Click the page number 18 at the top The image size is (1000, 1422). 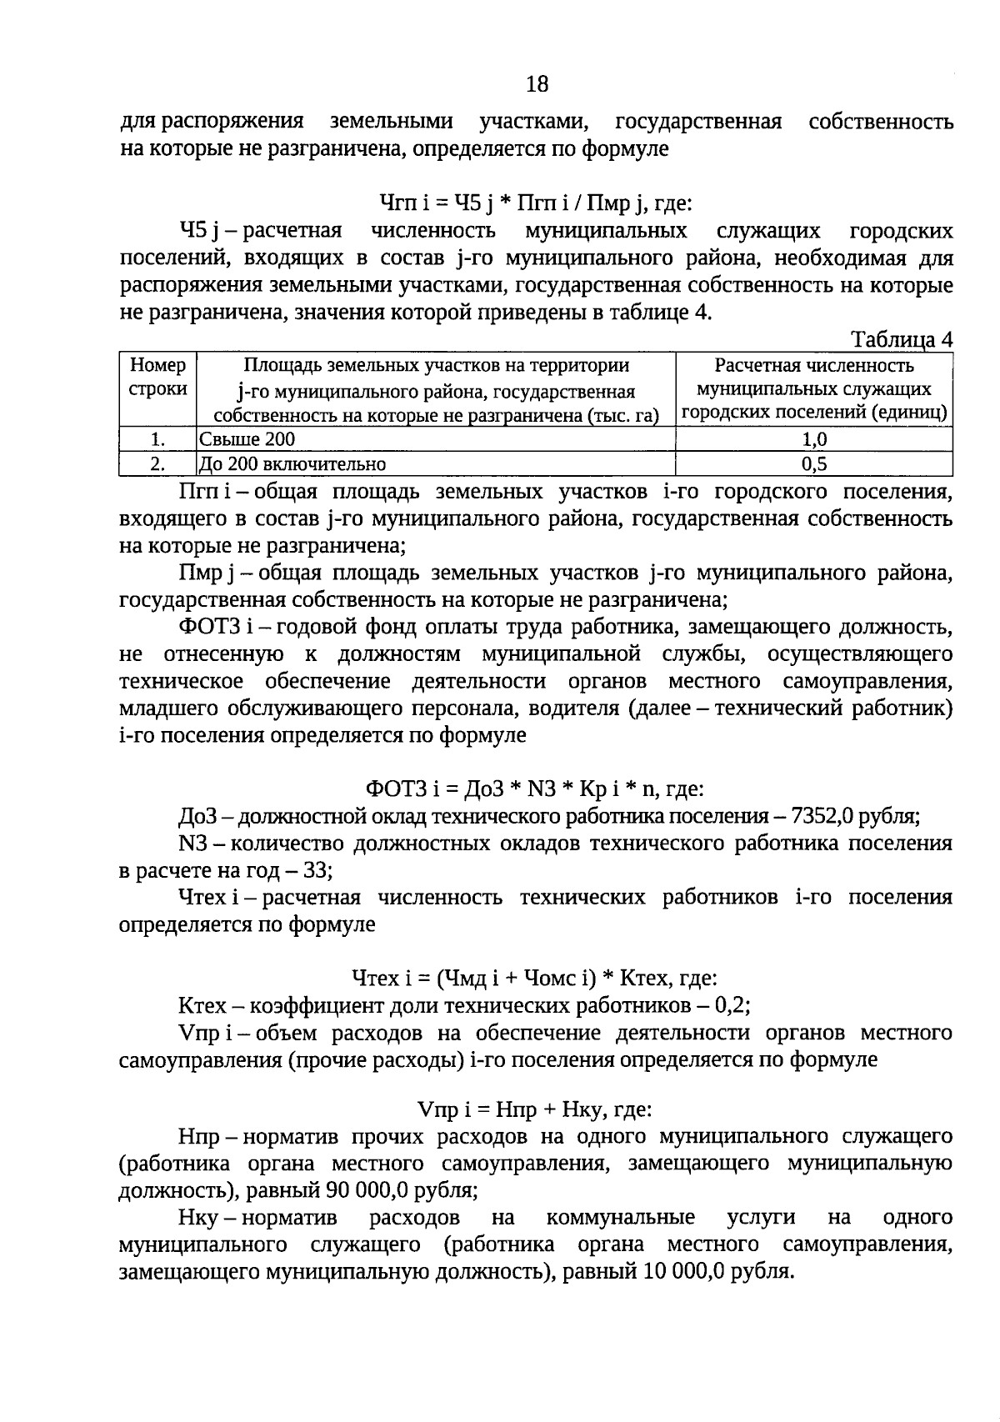(537, 83)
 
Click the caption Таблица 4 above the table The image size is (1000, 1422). (901, 340)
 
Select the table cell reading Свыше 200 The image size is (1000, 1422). (247, 439)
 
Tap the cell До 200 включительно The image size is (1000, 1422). (292, 463)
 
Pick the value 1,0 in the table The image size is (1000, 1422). (813, 439)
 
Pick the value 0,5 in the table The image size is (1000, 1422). (813, 463)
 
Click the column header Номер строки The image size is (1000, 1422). (158, 378)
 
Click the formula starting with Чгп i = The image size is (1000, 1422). (536, 203)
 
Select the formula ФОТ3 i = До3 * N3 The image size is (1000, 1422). (535, 788)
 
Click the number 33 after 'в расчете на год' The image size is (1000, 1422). (318, 870)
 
